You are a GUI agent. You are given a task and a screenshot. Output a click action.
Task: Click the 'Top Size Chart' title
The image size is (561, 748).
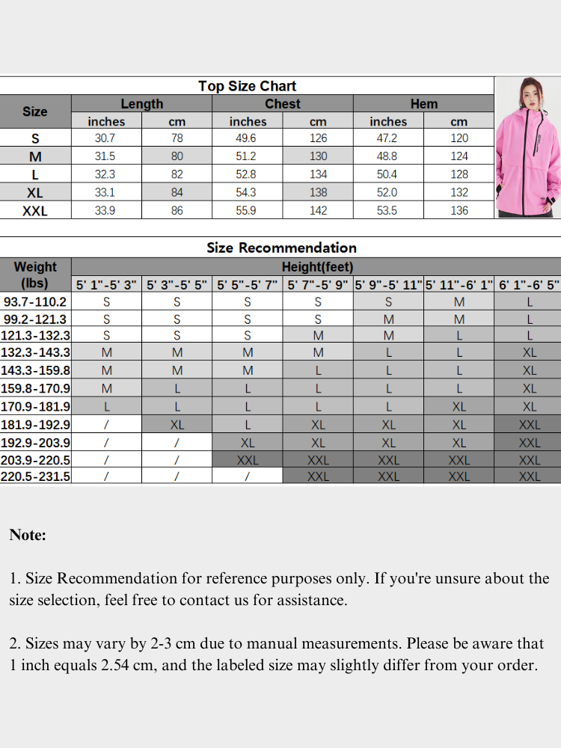[x=247, y=86]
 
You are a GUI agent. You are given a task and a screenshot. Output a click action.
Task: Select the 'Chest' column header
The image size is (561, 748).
[x=283, y=104]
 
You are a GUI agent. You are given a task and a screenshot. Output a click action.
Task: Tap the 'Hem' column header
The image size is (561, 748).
[x=423, y=104]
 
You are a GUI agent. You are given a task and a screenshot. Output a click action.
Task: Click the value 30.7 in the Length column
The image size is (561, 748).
[x=106, y=138]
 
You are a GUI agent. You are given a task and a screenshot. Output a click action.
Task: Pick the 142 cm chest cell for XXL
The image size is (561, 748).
[x=318, y=211]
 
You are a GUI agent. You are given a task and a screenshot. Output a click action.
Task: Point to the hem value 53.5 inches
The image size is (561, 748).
[x=388, y=211]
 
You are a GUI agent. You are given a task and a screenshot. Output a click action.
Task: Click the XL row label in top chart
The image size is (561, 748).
[x=35, y=193]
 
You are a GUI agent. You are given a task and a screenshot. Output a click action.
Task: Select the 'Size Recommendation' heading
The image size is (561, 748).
[x=281, y=248]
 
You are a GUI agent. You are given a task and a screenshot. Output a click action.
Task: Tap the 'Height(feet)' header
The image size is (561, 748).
[x=317, y=267]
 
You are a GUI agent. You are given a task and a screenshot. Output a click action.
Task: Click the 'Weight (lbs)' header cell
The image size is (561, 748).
[x=35, y=275]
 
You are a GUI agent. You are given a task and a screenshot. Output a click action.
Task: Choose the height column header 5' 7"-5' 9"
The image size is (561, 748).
[x=318, y=285]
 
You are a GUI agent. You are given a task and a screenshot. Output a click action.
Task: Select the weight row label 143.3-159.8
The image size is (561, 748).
[x=36, y=371]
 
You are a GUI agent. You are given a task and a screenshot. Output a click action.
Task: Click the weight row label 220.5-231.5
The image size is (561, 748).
[x=36, y=476]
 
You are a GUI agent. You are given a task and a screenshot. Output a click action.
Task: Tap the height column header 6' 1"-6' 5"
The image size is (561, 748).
[x=530, y=285]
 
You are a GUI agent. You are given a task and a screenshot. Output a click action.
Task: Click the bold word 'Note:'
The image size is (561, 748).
[x=28, y=535]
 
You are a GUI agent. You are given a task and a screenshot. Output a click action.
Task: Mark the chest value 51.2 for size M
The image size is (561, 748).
[x=248, y=156]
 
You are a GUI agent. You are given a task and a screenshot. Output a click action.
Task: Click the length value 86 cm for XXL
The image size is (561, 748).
[x=177, y=211]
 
